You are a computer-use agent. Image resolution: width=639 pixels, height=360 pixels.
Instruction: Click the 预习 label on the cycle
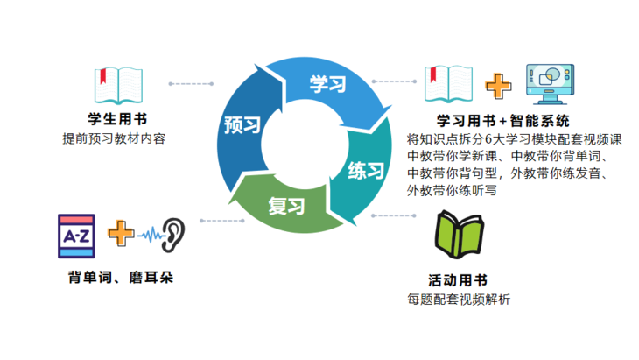242,125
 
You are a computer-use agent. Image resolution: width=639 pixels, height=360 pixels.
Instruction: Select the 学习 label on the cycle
327,85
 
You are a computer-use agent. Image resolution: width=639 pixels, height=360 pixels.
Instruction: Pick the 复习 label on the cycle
285,207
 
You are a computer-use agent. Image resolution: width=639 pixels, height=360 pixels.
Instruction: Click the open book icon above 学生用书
117,85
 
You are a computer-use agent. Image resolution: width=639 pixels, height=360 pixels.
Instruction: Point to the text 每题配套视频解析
459,300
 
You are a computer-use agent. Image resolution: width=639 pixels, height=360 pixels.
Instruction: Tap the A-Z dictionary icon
76,235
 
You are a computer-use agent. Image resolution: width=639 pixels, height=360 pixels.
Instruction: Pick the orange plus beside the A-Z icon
121,234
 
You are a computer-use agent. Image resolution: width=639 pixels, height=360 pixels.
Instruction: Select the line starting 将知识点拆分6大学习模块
515,138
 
